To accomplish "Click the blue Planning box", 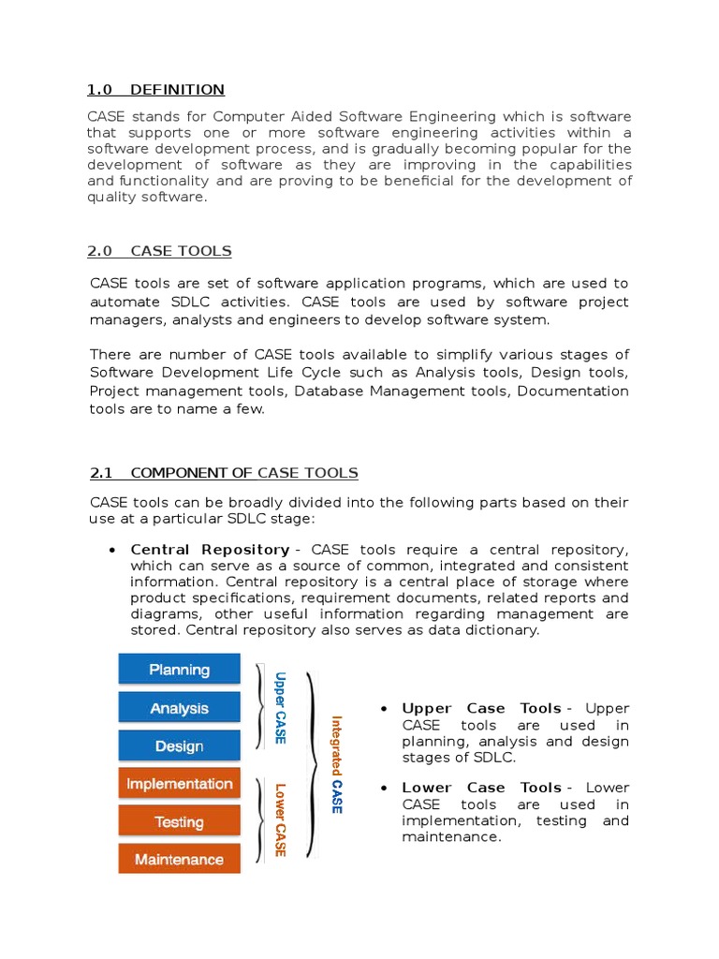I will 179,670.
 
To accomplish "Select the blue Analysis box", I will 179,708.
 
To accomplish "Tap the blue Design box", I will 179,746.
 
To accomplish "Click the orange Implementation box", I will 179,784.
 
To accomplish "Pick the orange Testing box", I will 179,822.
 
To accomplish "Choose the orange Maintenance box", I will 179,859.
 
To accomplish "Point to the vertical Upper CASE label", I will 279,707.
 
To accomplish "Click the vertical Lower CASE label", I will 279,820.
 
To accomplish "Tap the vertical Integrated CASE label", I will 336,764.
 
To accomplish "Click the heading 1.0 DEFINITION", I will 155,90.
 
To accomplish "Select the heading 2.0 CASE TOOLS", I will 159,251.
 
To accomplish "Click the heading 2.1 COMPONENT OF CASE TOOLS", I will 223,473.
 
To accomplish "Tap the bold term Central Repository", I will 210,550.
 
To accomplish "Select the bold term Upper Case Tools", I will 481,709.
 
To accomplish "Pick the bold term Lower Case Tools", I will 481,788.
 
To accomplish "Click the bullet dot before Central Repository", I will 112,551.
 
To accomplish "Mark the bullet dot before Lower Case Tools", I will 384,789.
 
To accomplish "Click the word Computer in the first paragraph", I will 246,117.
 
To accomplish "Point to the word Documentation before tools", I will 573,391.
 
